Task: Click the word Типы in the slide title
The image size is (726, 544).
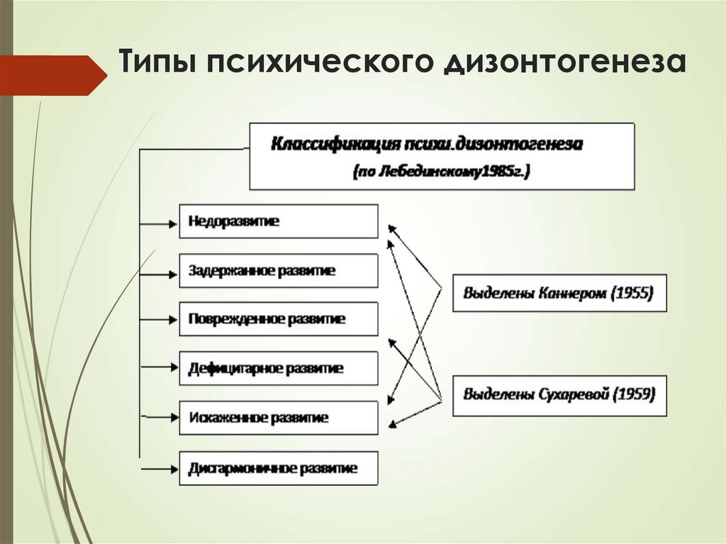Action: point(155,62)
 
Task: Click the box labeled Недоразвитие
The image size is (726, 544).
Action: point(278,221)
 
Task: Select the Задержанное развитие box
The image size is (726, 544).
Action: point(278,270)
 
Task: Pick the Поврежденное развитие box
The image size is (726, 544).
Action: point(278,319)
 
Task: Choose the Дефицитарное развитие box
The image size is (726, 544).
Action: point(278,368)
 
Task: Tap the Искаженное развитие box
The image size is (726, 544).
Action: point(278,418)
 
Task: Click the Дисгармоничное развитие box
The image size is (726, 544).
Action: point(278,468)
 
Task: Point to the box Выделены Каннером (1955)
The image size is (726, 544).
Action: point(559,293)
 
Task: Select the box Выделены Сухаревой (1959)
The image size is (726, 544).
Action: point(559,394)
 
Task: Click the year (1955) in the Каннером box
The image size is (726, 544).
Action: point(632,293)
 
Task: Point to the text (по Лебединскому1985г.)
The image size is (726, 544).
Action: point(441,171)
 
